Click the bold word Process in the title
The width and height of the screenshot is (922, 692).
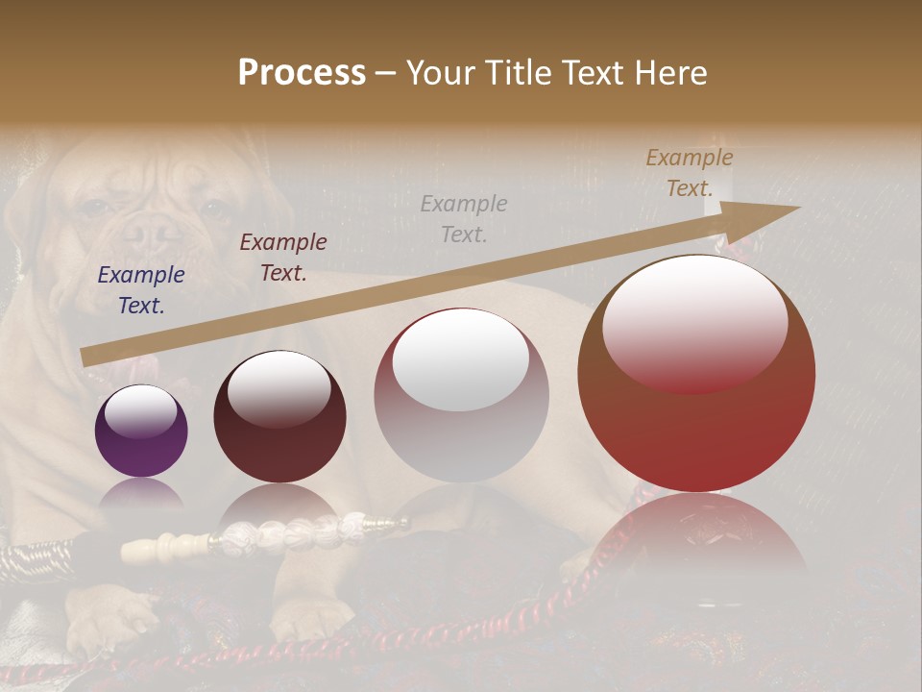pyautogui.click(x=302, y=72)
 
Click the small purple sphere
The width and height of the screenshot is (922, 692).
pyautogui.click(x=141, y=431)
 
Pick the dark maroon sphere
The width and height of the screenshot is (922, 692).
pyautogui.click(x=279, y=417)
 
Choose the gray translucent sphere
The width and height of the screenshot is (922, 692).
pyautogui.click(x=461, y=396)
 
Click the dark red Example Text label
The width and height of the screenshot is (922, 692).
pyautogui.click(x=283, y=258)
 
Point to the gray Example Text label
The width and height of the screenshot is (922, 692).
pyautogui.click(x=464, y=218)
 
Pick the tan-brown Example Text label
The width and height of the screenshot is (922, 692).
pyautogui.click(x=690, y=173)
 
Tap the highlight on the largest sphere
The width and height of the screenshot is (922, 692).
pyautogui.click(x=695, y=322)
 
